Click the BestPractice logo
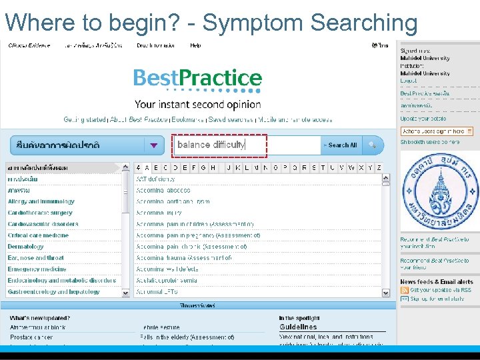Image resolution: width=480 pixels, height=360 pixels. click(197, 79)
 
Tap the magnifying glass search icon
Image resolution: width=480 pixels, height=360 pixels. click(372, 145)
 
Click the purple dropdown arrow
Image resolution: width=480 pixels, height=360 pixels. click(154, 145)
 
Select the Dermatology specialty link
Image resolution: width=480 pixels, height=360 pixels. click(26, 247)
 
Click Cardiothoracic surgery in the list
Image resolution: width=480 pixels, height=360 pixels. click(40, 213)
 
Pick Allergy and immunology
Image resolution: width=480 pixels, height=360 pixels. click(41, 201)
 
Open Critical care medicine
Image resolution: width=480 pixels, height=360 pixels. click(38, 235)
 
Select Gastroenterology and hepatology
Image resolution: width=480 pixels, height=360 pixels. click(53, 292)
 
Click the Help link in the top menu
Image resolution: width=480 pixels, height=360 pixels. click(195, 45)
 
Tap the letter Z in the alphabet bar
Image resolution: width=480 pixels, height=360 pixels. click(379, 168)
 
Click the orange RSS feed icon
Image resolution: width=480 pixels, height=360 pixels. click(404, 291)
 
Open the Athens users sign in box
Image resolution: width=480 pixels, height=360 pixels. click(437, 131)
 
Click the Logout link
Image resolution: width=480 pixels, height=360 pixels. click(408, 81)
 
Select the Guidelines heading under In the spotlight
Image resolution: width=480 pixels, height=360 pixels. click(298, 327)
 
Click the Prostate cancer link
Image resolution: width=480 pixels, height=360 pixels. click(31, 337)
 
